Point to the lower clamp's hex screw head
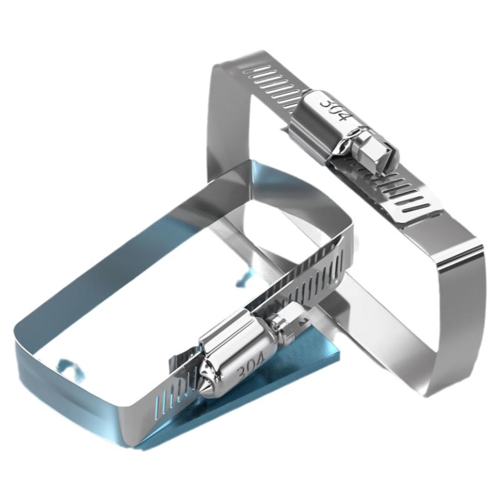coord(286,326)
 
